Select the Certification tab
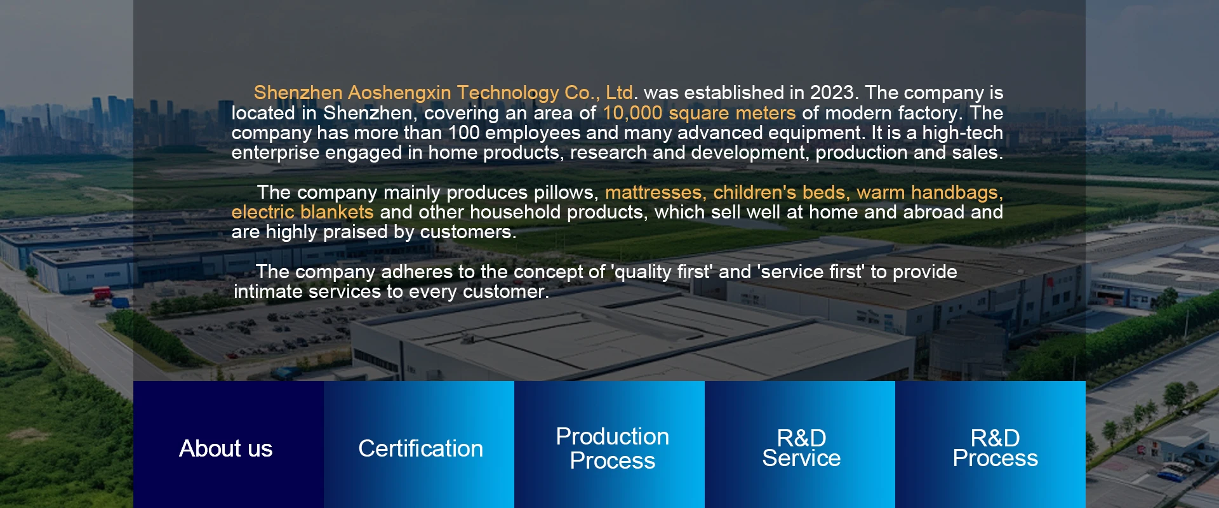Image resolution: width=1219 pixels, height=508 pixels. pos(419,444)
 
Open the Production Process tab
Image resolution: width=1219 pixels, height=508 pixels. pos(609,444)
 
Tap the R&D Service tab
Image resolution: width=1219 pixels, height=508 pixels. pos(800,444)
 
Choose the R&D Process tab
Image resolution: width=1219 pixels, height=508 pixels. pos(990,444)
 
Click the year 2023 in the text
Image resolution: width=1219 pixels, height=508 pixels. pos(832,93)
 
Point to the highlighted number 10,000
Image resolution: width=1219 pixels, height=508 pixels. pos(632,113)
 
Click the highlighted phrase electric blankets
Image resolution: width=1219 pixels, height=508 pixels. pos(302,212)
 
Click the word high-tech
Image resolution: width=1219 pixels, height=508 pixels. pos(963,133)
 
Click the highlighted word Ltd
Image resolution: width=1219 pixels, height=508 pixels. pos(619,93)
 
